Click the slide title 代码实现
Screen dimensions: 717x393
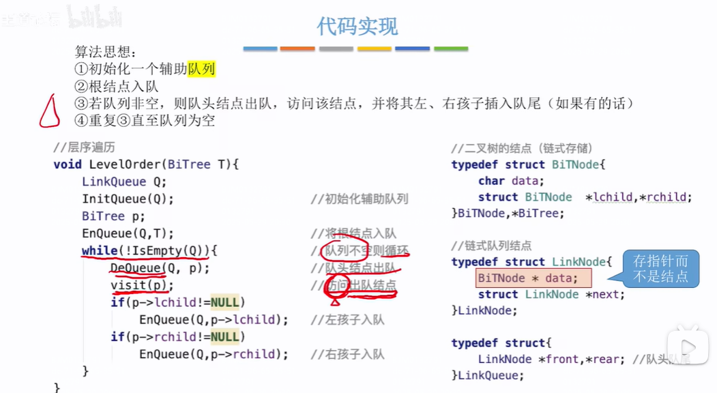pos(357,26)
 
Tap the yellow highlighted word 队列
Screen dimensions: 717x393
pos(201,70)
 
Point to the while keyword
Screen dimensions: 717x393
pos(99,250)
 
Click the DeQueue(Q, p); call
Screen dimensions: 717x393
pos(160,268)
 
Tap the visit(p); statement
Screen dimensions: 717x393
pos(142,285)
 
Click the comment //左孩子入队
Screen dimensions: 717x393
pos(347,320)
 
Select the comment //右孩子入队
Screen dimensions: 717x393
pos(347,354)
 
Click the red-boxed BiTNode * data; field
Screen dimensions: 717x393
pos(533,278)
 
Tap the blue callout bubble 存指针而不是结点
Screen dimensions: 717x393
pos(660,269)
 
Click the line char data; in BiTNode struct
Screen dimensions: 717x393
pos(511,181)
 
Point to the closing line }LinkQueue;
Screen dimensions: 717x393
pos(487,375)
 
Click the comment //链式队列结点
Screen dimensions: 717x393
pos(491,246)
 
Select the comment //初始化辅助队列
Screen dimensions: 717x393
pos(359,199)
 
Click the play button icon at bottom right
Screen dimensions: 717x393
pos(687,347)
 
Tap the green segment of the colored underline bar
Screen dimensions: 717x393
pos(451,49)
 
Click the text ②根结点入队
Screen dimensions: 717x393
pos(117,87)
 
